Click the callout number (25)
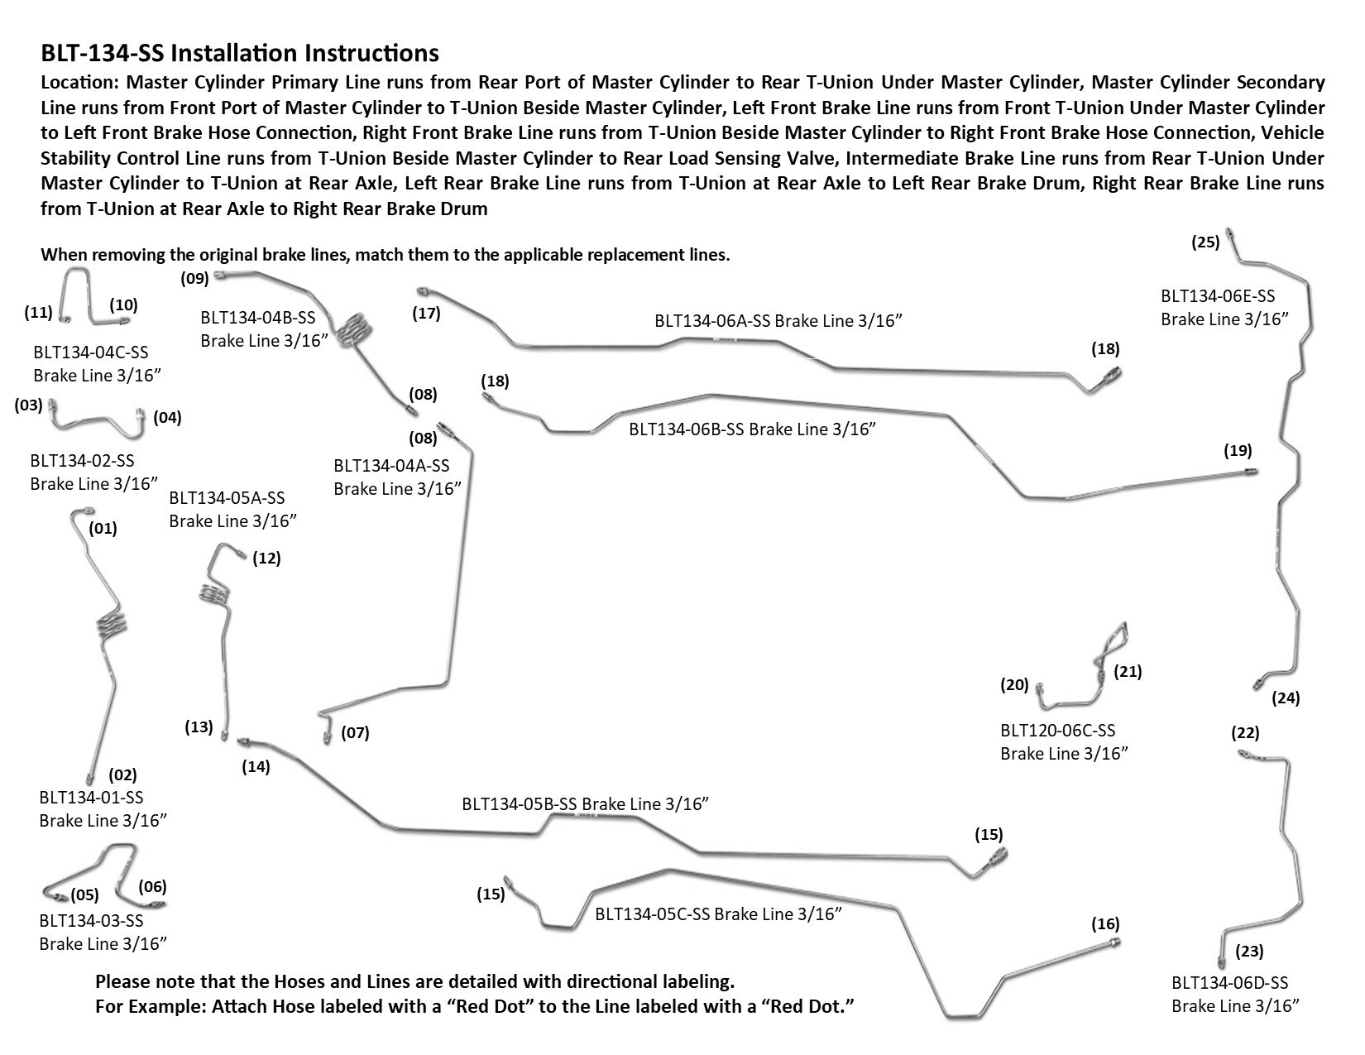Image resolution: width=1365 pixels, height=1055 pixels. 1205,242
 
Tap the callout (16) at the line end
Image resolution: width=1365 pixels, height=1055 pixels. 1105,923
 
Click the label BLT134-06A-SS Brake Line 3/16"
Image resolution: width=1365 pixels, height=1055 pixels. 778,321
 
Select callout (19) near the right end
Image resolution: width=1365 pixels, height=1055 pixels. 1238,451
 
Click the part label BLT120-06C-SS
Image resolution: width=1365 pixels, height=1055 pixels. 1057,731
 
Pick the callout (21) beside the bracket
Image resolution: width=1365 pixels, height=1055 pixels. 1128,672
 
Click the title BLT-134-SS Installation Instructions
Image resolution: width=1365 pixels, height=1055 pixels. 240,54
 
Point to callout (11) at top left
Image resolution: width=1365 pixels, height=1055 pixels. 38,312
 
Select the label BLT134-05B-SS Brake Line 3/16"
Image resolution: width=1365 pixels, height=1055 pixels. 585,803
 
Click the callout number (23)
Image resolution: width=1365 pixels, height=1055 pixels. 1249,952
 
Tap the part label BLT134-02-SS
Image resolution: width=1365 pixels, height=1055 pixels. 82,460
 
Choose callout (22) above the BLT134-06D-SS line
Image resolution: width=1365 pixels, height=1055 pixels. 1245,732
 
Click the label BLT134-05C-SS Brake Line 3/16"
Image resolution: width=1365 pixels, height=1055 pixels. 718,914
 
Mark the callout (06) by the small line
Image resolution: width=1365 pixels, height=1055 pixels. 152,887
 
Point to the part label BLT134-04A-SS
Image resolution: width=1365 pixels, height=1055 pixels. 391,466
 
